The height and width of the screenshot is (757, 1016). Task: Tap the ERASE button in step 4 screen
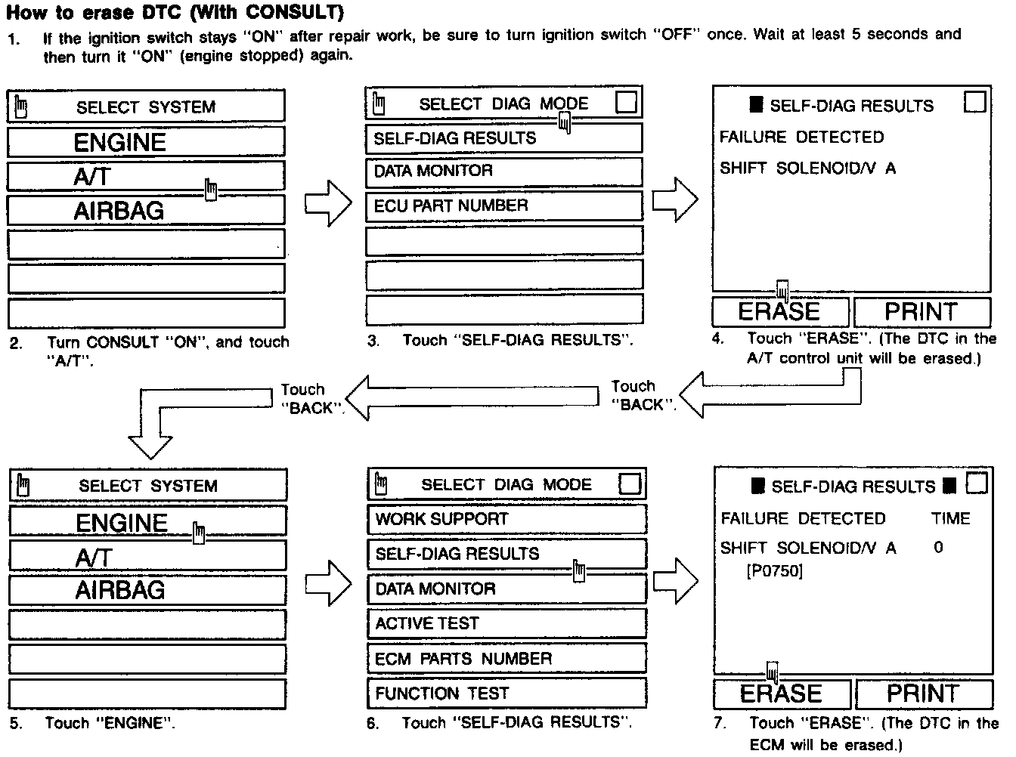(x=779, y=311)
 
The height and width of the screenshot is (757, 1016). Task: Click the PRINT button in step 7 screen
(x=922, y=694)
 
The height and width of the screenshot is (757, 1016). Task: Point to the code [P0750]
(x=773, y=571)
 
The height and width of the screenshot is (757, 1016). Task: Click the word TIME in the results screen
(x=950, y=518)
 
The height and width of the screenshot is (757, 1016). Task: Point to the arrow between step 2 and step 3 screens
(x=328, y=203)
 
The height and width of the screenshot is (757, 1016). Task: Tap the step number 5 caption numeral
(x=15, y=724)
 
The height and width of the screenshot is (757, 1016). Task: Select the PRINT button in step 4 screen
(x=920, y=311)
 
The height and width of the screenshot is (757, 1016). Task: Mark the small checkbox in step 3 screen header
(x=627, y=102)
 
